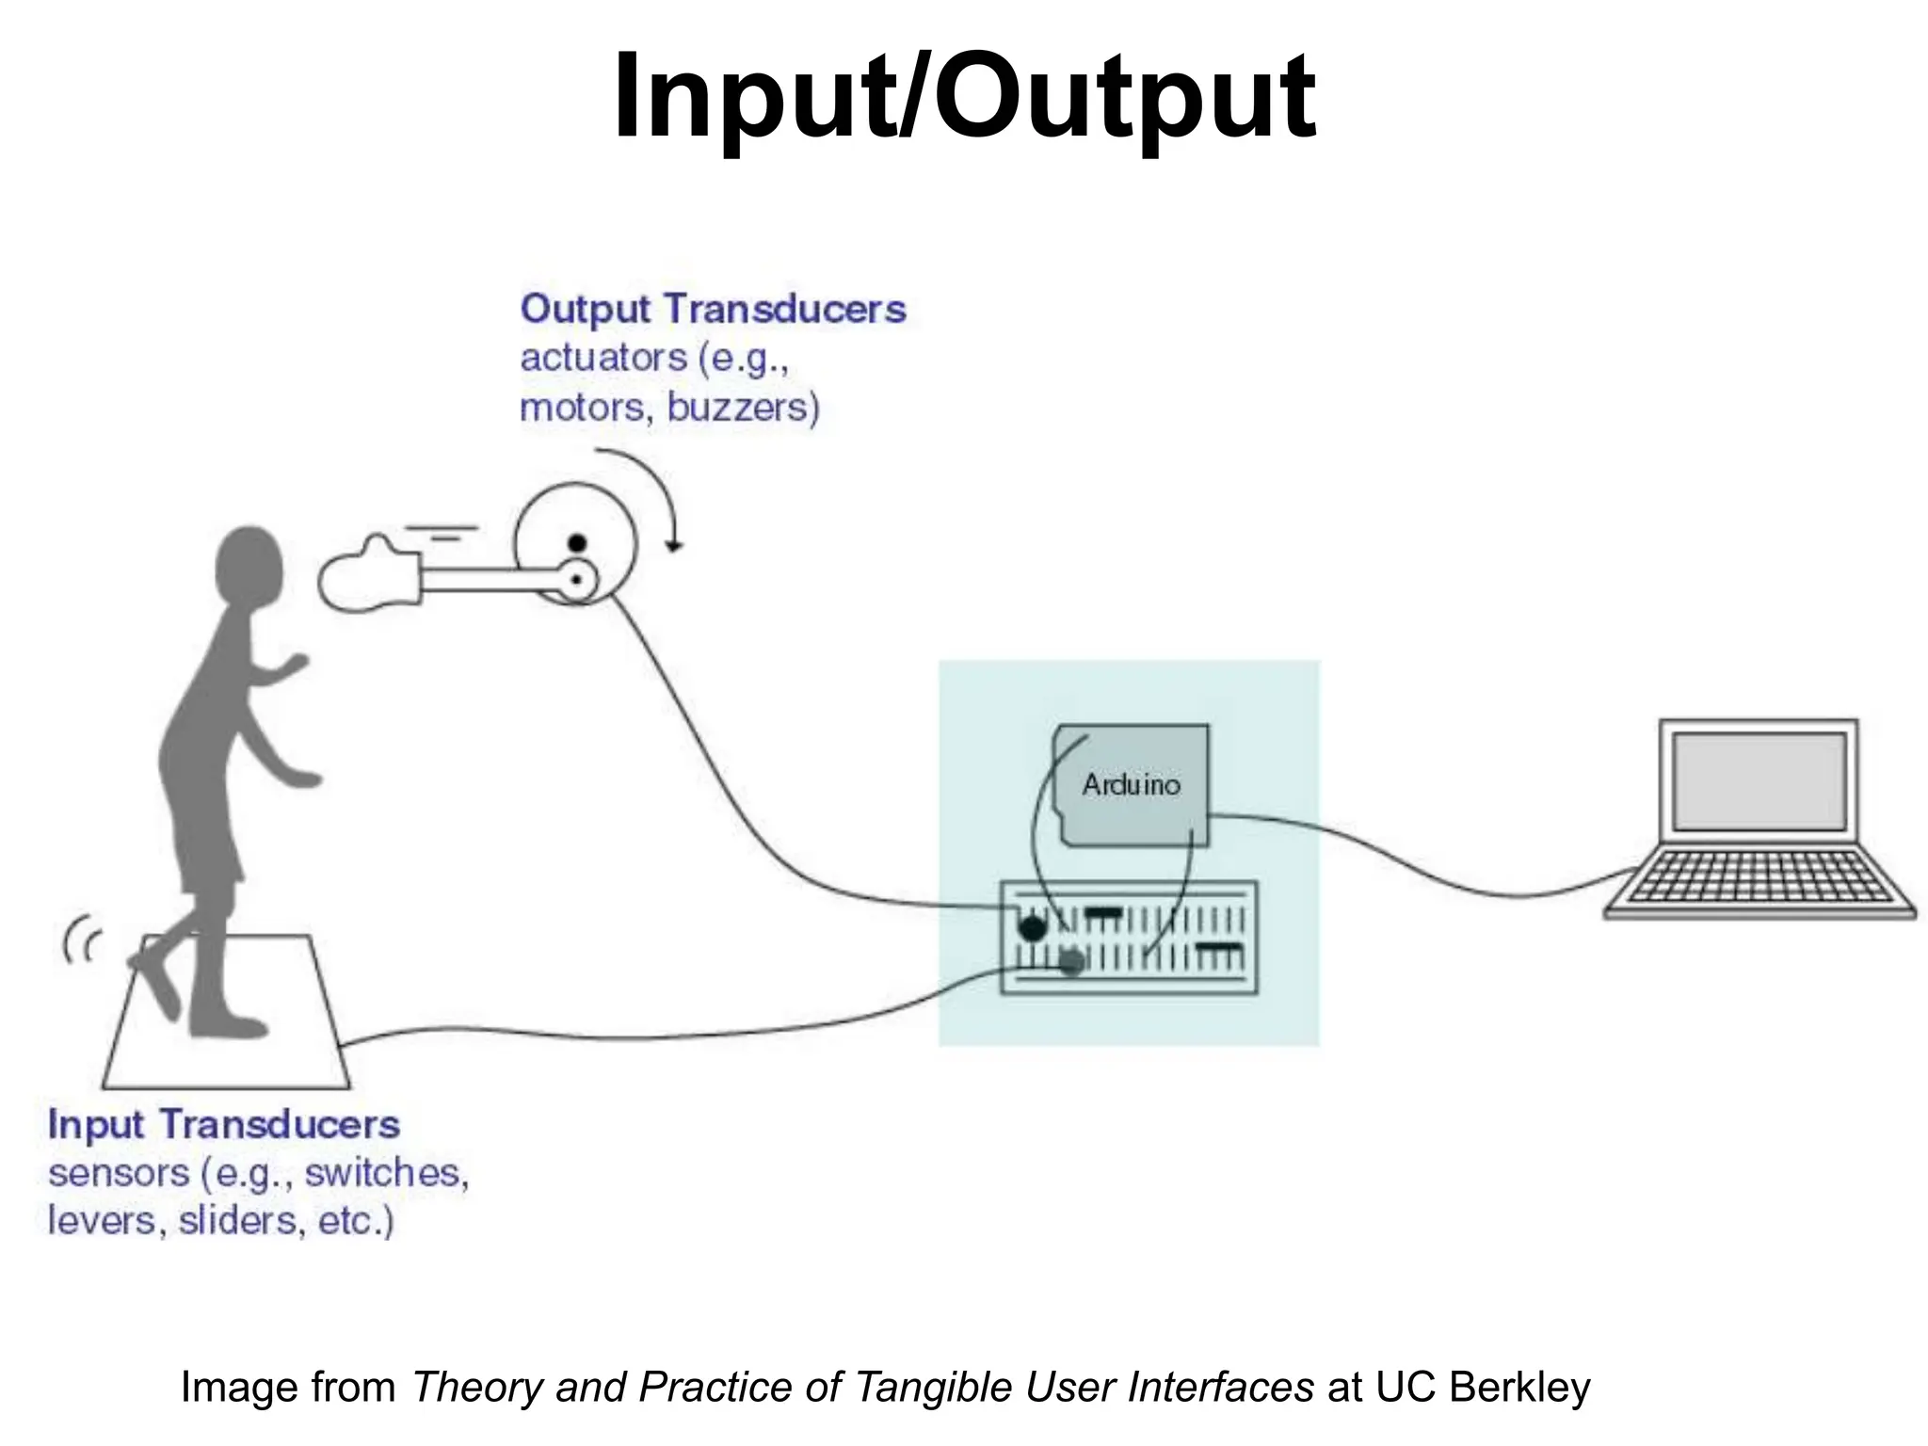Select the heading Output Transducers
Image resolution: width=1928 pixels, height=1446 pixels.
(x=713, y=310)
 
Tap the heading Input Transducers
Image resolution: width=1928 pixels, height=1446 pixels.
(x=224, y=1125)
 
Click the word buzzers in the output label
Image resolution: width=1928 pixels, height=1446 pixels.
(x=743, y=408)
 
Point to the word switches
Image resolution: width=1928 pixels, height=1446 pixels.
(x=386, y=1173)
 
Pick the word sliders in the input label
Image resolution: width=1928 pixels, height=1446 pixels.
(x=241, y=1221)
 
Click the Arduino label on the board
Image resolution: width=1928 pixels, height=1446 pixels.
(x=1131, y=784)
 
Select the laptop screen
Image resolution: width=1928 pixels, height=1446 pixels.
(x=1759, y=780)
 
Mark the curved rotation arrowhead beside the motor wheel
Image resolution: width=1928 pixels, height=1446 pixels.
(x=673, y=545)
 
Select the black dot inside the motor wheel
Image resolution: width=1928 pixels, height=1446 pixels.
(x=577, y=543)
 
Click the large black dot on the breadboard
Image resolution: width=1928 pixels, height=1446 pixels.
(x=1033, y=928)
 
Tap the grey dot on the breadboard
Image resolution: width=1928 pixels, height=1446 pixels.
(x=1071, y=962)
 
